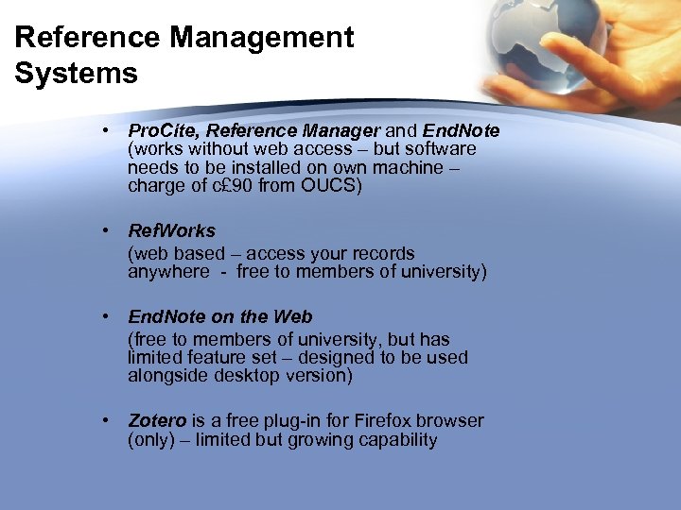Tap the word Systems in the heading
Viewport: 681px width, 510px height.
76,73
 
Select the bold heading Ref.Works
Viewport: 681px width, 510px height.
171,230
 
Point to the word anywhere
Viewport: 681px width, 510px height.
168,272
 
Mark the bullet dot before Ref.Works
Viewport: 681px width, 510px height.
110,230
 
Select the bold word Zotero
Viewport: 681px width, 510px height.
157,420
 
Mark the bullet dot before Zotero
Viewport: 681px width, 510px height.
110,420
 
